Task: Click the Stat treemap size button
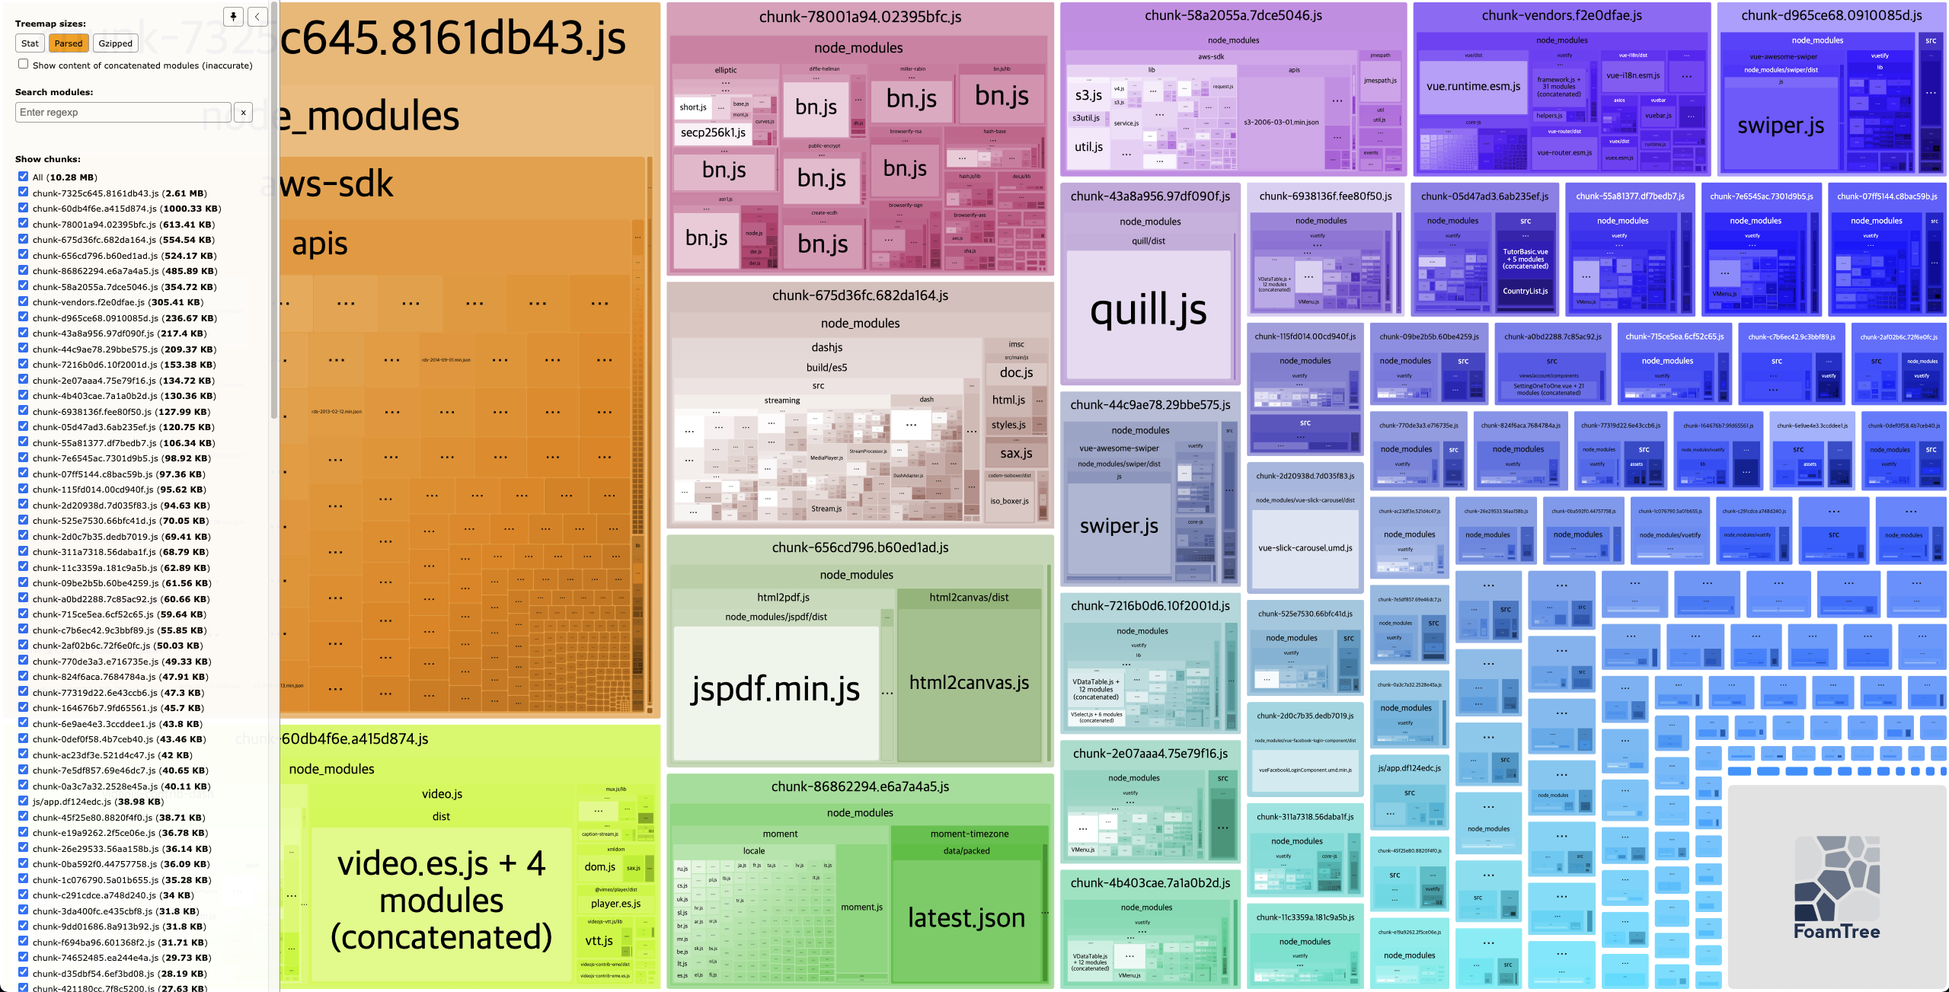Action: click(x=30, y=43)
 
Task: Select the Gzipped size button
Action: click(x=115, y=43)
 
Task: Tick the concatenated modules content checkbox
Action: click(x=24, y=65)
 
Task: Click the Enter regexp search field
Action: click(x=123, y=113)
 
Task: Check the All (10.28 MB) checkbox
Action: click(x=24, y=177)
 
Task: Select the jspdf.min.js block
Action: click(x=775, y=690)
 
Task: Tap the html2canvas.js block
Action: click(x=969, y=683)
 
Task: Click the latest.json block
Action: click(x=966, y=918)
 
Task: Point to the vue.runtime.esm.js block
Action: click(x=1473, y=87)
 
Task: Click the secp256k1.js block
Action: click(x=713, y=132)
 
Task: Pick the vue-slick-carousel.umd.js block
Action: click(x=1305, y=548)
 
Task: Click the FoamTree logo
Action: click(x=1836, y=887)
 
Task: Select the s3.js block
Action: click(x=1088, y=95)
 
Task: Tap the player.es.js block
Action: click(x=615, y=904)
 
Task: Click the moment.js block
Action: click(x=861, y=907)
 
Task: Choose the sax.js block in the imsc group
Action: click(x=1016, y=454)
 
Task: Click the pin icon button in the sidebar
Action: click(x=234, y=17)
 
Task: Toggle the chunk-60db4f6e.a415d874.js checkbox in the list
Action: click(x=24, y=208)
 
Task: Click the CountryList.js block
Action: click(x=1525, y=292)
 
